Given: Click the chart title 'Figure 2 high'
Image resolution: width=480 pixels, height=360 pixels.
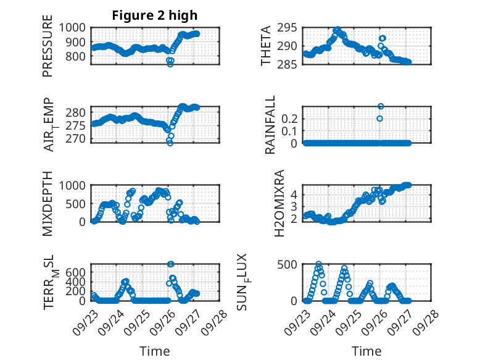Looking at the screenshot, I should pos(154,15).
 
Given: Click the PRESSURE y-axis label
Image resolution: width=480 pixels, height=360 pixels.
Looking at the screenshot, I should pos(48,50).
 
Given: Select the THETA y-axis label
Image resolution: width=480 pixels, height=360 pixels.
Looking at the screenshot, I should pos(266,46).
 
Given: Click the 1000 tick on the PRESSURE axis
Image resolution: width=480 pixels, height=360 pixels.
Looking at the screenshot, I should pos(74,27).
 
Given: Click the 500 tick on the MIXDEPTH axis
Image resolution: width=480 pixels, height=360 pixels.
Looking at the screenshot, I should pos(78,203).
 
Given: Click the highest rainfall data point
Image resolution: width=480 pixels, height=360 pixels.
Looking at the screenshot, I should pos(381,106).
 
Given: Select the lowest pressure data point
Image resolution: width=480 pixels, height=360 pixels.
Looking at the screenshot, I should pos(170,64).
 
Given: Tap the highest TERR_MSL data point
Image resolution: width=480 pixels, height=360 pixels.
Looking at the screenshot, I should pos(171,264).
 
